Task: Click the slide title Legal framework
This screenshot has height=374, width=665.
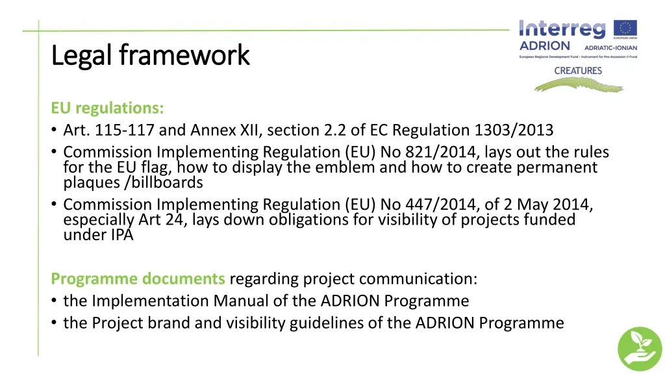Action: coord(150,56)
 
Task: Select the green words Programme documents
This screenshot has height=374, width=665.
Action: coord(138,279)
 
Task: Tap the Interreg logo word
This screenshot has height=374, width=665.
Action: coord(562,29)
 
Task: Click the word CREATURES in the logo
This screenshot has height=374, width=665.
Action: coord(577,71)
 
